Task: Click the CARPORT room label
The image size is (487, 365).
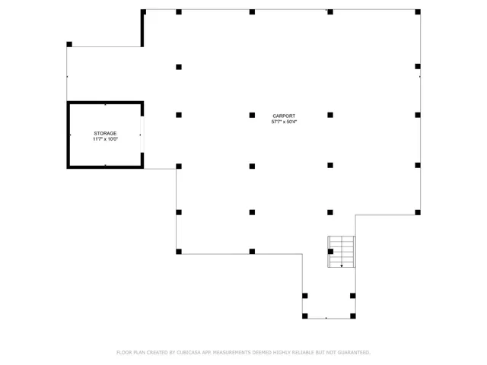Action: pyautogui.click(x=285, y=116)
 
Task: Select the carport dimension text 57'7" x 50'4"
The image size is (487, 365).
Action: pyautogui.click(x=285, y=122)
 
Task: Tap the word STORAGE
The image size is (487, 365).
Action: pyautogui.click(x=105, y=133)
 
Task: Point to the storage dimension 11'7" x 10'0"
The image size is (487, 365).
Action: pyautogui.click(x=105, y=139)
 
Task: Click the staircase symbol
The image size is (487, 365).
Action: pyautogui.click(x=342, y=252)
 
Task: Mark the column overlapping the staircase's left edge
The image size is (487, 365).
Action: pyautogui.click(x=330, y=251)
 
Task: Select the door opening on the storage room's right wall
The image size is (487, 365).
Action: pyautogui.click(x=142, y=135)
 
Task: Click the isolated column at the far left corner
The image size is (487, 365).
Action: pyautogui.click(x=69, y=44)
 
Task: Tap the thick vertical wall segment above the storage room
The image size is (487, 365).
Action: pyautogui.click(x=142, y=29)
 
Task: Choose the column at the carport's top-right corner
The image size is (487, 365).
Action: pyautogui.click(x=418, y=12)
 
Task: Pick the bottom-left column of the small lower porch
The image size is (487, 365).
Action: pyautogui.click(x=304, y=315)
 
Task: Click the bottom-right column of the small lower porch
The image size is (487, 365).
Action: pyautogui.click(x=352, y=315)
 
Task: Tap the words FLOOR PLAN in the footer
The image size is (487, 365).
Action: pyautogui.click(x=130, y=353)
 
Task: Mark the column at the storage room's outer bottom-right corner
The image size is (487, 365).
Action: pyautogui.click(x=179, y=166)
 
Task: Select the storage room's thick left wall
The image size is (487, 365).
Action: pyautogui.click(x=68, y=135)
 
